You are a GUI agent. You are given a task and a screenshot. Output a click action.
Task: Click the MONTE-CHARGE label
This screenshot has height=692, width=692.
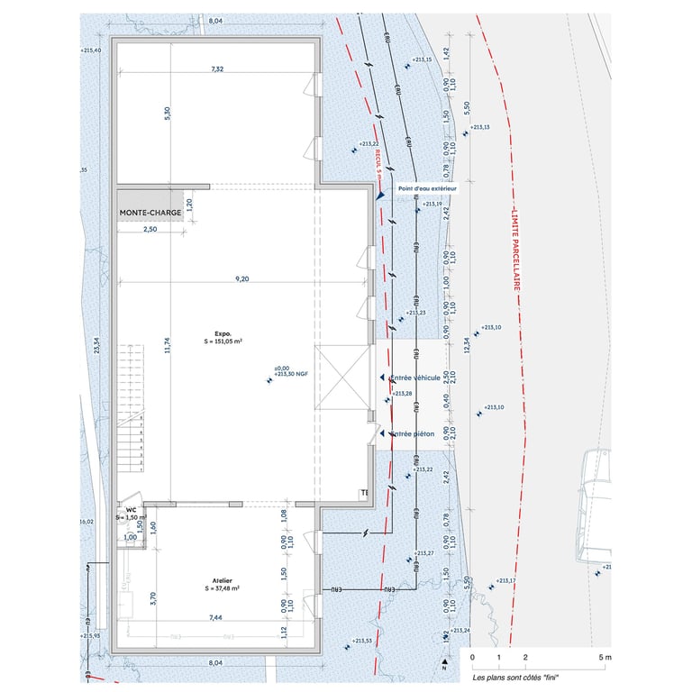click(x=150, y=214)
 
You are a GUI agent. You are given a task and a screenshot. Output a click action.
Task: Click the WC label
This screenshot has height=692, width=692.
click(x=132, y=509)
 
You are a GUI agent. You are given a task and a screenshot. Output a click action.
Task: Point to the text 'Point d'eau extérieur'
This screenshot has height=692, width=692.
click(x=423, y=189)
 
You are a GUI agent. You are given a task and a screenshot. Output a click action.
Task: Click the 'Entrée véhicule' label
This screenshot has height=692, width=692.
click(x=415, y=378)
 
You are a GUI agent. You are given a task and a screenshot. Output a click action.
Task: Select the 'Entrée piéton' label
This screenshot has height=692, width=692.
click(x=413, y=434)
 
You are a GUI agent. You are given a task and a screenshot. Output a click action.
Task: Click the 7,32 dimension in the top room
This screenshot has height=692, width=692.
click(x=216, y=69)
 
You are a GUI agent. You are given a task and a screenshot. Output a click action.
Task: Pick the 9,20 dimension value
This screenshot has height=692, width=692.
click(x=241, y=279)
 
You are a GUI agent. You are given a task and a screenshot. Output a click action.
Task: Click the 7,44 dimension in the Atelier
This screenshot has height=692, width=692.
click(x=216, y=618)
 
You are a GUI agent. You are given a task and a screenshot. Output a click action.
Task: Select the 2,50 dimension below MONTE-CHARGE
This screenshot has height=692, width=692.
click(x=150, y=231)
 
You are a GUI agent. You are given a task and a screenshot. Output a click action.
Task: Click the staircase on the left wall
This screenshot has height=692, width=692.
click(x=132, y=406)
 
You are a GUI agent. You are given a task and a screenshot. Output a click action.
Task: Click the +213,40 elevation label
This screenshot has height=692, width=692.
click(x=91, y=50)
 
